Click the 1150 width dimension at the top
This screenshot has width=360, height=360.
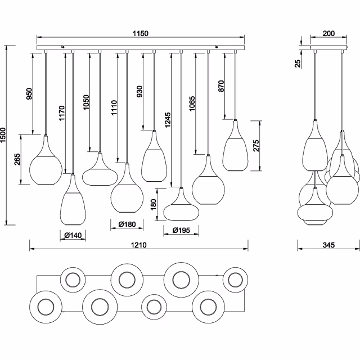(x=141, y=34)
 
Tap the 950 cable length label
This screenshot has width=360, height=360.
(x=30, y=94)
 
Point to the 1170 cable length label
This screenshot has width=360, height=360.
(x=62, y=115)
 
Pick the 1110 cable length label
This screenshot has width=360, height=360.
(x=114, y=107)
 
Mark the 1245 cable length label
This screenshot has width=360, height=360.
(x=168, y=119)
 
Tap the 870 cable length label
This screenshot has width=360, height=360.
(x=221, y=86)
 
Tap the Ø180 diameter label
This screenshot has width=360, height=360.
(x=127, y=225)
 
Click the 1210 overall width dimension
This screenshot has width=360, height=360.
(x=139, y=245)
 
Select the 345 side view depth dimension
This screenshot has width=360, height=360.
(x=329, y=245)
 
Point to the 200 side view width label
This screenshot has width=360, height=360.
(x=329, y=34)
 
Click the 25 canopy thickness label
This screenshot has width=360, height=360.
(x=298, y=64)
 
